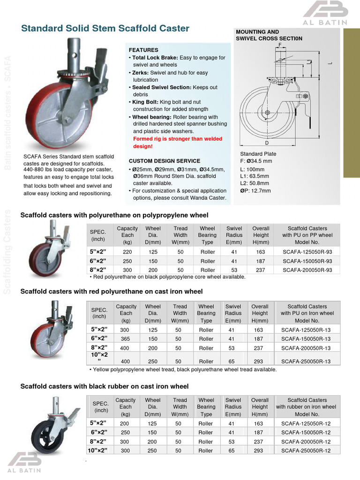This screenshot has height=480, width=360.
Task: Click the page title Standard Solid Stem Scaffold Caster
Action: click(x=105, y=29)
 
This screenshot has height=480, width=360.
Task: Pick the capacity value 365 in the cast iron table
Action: click(x=126, y=338)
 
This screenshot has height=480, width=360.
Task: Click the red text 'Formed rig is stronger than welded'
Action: click(x=178, y=139)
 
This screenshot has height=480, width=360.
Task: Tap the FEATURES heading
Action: click(x=143, y=50)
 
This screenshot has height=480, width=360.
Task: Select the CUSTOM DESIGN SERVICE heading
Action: click(x=164, y=161)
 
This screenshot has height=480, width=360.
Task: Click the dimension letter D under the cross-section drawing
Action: click(x=267, y=142)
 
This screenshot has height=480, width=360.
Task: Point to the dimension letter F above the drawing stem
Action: click(x=280, y=44)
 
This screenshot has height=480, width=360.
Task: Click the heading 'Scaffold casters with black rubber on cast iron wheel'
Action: click(x=105, y=386)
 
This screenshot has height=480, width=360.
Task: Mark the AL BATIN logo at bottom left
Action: click(x=24, y=462)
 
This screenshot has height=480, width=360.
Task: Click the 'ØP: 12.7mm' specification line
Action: click(x=255, y=191)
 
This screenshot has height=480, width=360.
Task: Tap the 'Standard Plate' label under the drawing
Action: click(x=258, y=154)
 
